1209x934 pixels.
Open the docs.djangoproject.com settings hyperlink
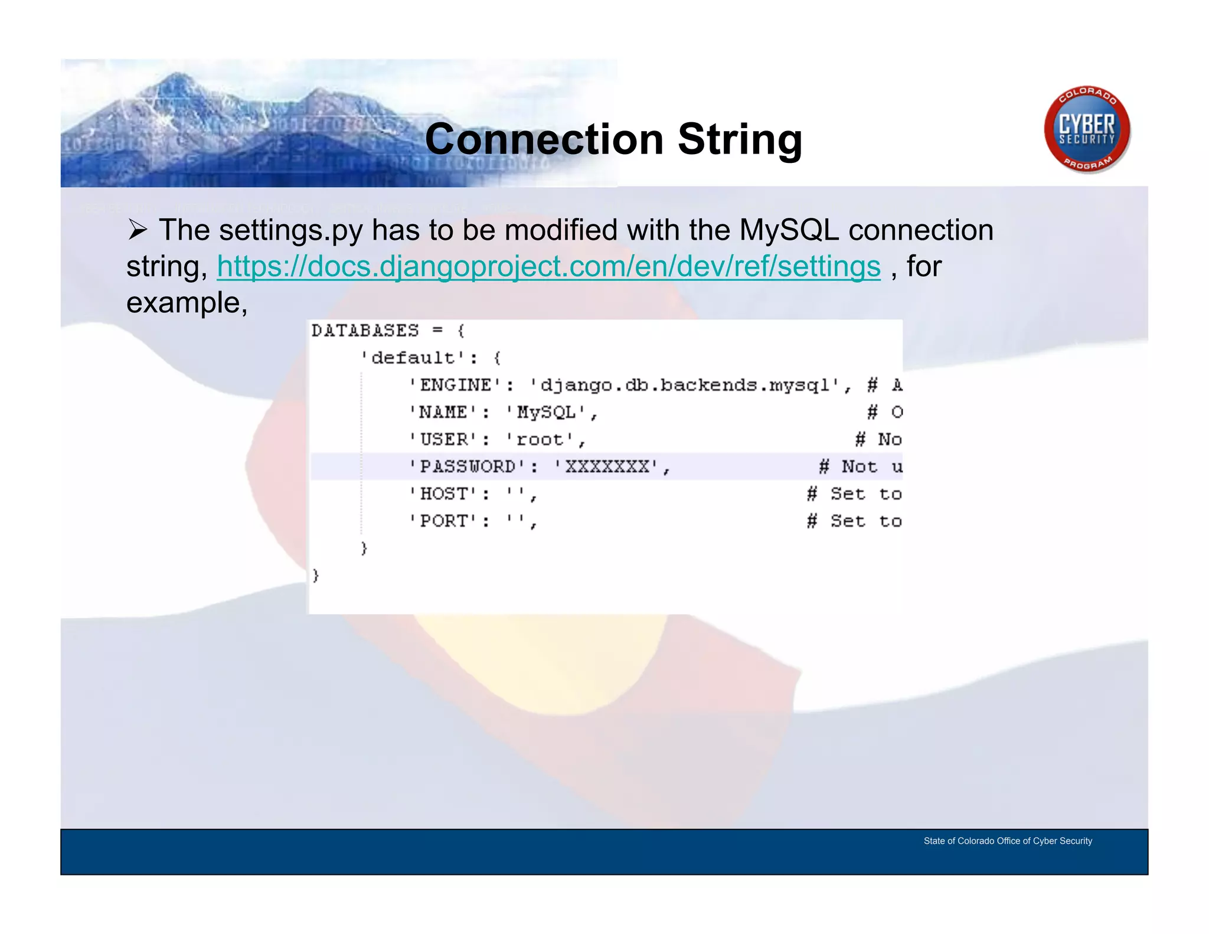coord(548,266)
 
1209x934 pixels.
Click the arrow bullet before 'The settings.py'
coord(138,230)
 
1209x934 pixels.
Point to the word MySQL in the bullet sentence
coord(789,230)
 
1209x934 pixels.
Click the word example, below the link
coord(187,303)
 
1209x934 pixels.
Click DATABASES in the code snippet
coord(365,331)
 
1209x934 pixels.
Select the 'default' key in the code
coord(413,358)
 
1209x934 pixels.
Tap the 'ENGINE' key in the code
coord(456,385)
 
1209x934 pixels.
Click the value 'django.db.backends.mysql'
coord(685,385)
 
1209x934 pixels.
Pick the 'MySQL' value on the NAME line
coord(546,412)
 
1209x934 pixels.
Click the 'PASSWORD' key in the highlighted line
coord(468,466)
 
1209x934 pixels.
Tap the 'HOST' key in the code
coord(444,494)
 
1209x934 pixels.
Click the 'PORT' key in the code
coord(444,521)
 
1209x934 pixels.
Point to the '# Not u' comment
coord(861,466)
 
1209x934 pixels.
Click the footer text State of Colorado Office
coord(1007,841)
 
